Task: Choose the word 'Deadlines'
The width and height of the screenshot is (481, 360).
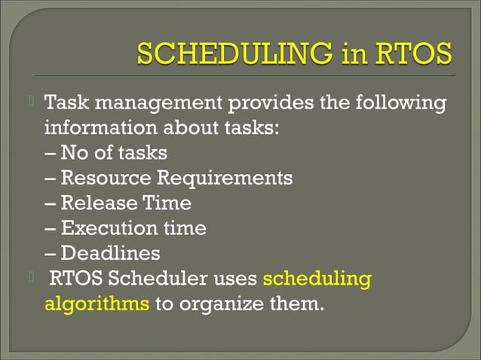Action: click(110, 254)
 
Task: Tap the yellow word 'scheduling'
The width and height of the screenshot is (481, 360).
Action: click(317, 280)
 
